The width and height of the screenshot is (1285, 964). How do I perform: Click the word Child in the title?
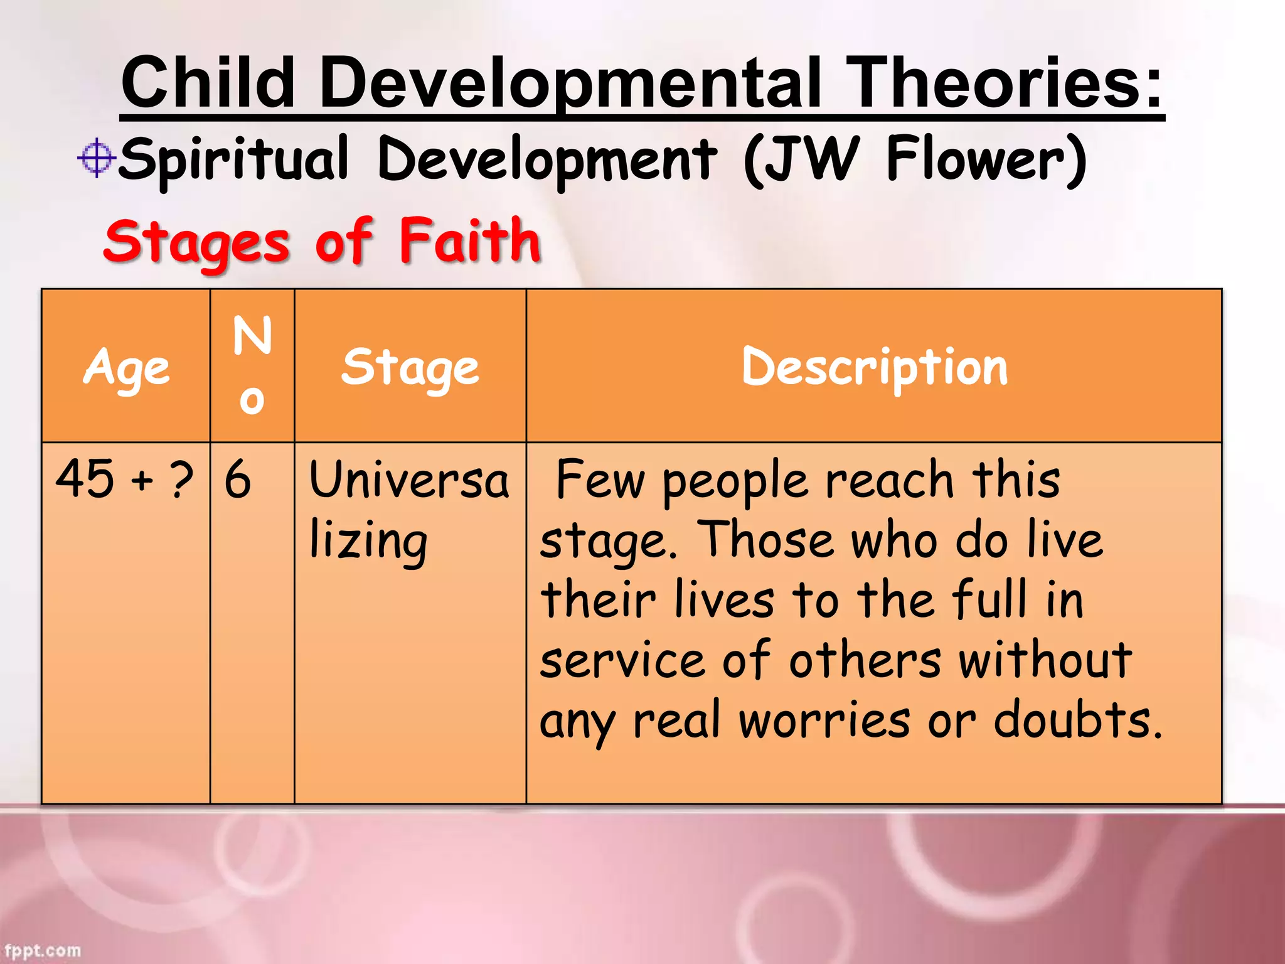(x=208, y=82)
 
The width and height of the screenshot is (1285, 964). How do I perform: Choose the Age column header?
(x=126, y=367)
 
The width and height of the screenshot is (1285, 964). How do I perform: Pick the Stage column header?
(x=410, y=367)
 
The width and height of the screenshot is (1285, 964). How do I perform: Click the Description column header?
(x=874, y=367)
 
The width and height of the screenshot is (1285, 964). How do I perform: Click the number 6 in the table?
(x=238, y=479)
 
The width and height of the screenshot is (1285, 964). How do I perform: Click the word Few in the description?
(x=600, y=479)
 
